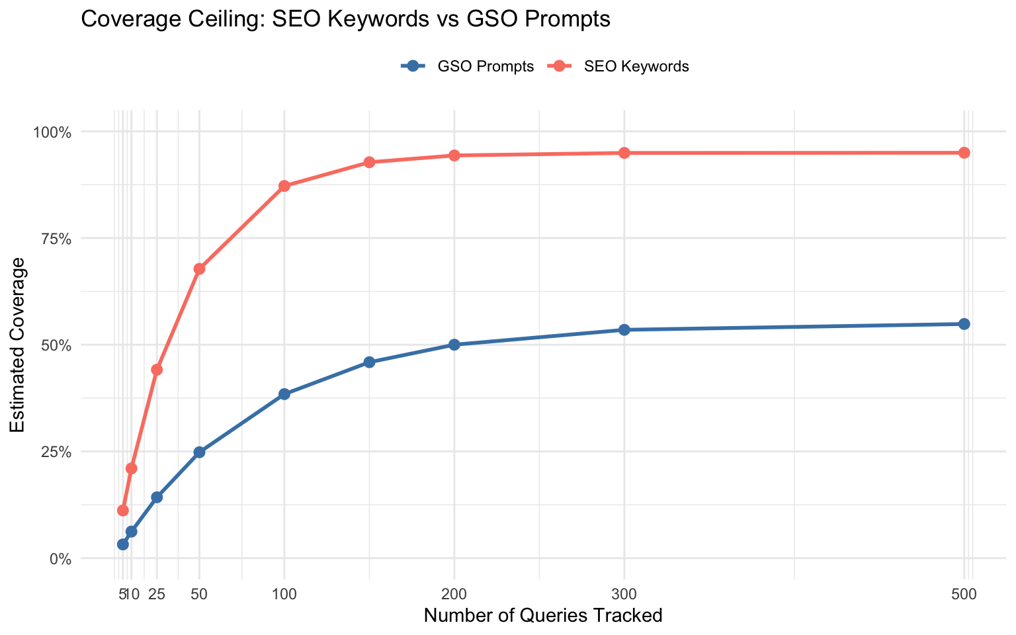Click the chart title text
pos(345,20)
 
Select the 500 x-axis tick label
pos(964,594)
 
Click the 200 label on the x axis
pos(454,594)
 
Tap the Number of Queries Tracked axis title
pos(542,616)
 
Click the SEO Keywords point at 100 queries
pos(284,186)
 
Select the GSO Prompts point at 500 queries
pos(964,324)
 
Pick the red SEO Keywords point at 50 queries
pos(199,269)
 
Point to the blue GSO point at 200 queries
pos(454,345)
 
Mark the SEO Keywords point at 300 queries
pos(624,153)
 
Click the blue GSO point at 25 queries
pos(157,497)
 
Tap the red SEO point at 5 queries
pos(122,511)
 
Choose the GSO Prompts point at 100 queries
pos(284,394)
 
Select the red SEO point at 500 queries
pos(964,153)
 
